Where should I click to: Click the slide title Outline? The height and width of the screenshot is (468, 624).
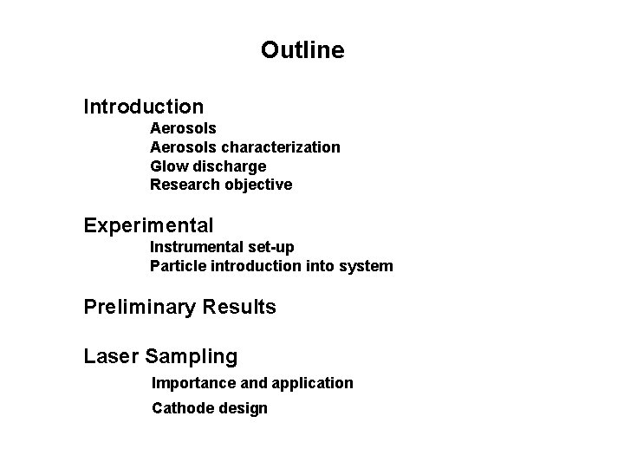coord(302,51)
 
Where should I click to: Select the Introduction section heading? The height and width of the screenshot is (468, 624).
coord(144,107)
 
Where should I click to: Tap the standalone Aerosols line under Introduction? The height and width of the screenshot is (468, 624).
coord(183,128)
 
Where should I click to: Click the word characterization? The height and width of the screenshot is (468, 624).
coord(281,147)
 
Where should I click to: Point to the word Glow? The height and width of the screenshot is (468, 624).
coord(166,166)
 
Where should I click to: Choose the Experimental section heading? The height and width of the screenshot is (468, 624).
coord(148,227)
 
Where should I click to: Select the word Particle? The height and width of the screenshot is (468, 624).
coord(176,266)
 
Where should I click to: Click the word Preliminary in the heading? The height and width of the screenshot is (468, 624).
coord(141,308)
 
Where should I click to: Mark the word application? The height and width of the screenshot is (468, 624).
coord(314,383)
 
